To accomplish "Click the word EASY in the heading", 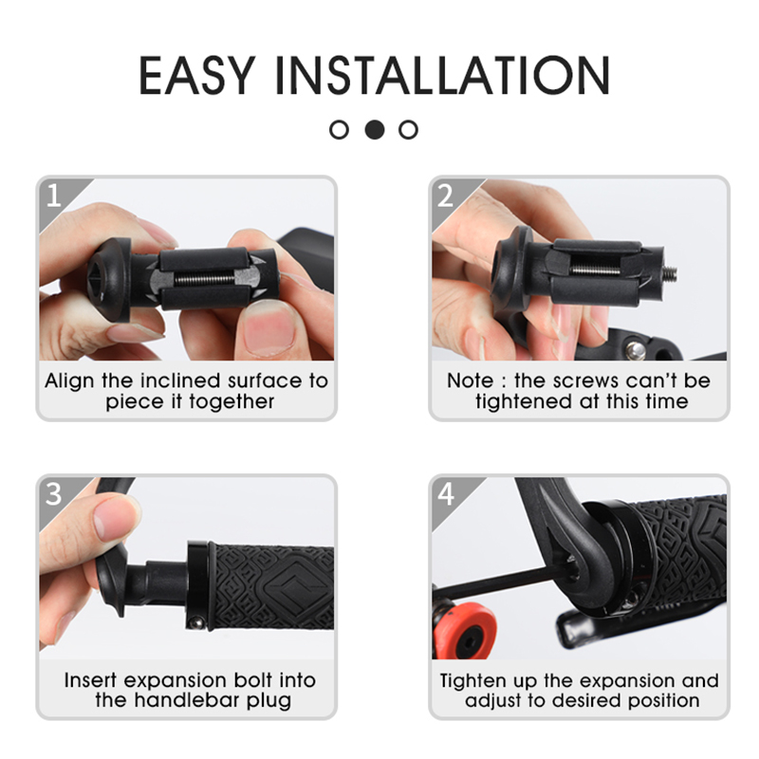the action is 197,75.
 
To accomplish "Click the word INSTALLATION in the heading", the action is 443,75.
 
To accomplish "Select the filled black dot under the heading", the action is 374,130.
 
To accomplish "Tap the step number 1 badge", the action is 54,195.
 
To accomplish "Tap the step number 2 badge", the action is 446,195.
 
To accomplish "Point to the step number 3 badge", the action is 54,494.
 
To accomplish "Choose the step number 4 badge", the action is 446,494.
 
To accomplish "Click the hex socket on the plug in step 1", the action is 100,277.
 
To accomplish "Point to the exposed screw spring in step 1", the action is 205,279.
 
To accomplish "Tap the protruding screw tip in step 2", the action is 671,272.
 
